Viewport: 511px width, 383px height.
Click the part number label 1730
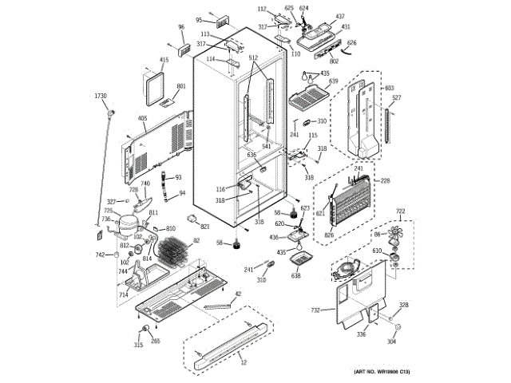(x=100, y=96)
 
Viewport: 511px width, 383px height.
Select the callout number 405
(x=142, y=119)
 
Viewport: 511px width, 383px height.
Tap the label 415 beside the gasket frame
(x=164, y=60)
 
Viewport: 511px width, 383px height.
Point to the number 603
(x=390, y=88)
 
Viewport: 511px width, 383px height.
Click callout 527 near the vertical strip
(x=395, y=98)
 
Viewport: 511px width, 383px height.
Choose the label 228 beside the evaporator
(x=385, y=181)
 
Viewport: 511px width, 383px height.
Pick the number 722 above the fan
(x=402, y=211)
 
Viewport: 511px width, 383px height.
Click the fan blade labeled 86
(x=391, y=236)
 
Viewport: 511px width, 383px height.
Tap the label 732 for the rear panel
(x=315, y=310)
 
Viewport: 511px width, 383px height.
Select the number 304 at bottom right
(x=391, y=342)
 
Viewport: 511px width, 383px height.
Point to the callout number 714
(x=124, y=294)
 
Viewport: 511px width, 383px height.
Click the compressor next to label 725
(x=122, y=227)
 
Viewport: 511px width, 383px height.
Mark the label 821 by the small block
(x=205, y=226)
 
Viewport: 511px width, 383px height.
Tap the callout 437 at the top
(x=340, y=17)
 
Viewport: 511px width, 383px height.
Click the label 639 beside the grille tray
(x=333, y=81)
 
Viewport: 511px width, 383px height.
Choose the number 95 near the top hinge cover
(x=199, y=20)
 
